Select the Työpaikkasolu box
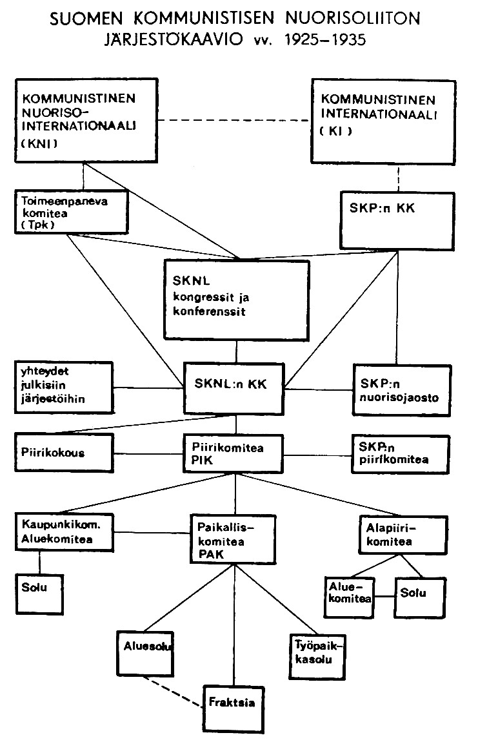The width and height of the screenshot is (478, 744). pyautogui.click(x=316, y=654)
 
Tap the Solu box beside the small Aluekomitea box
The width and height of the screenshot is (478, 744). pyautogui.click(x=419, y=592)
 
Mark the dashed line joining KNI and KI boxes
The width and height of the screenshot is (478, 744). pyautogui.click(x=234, y=120)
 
